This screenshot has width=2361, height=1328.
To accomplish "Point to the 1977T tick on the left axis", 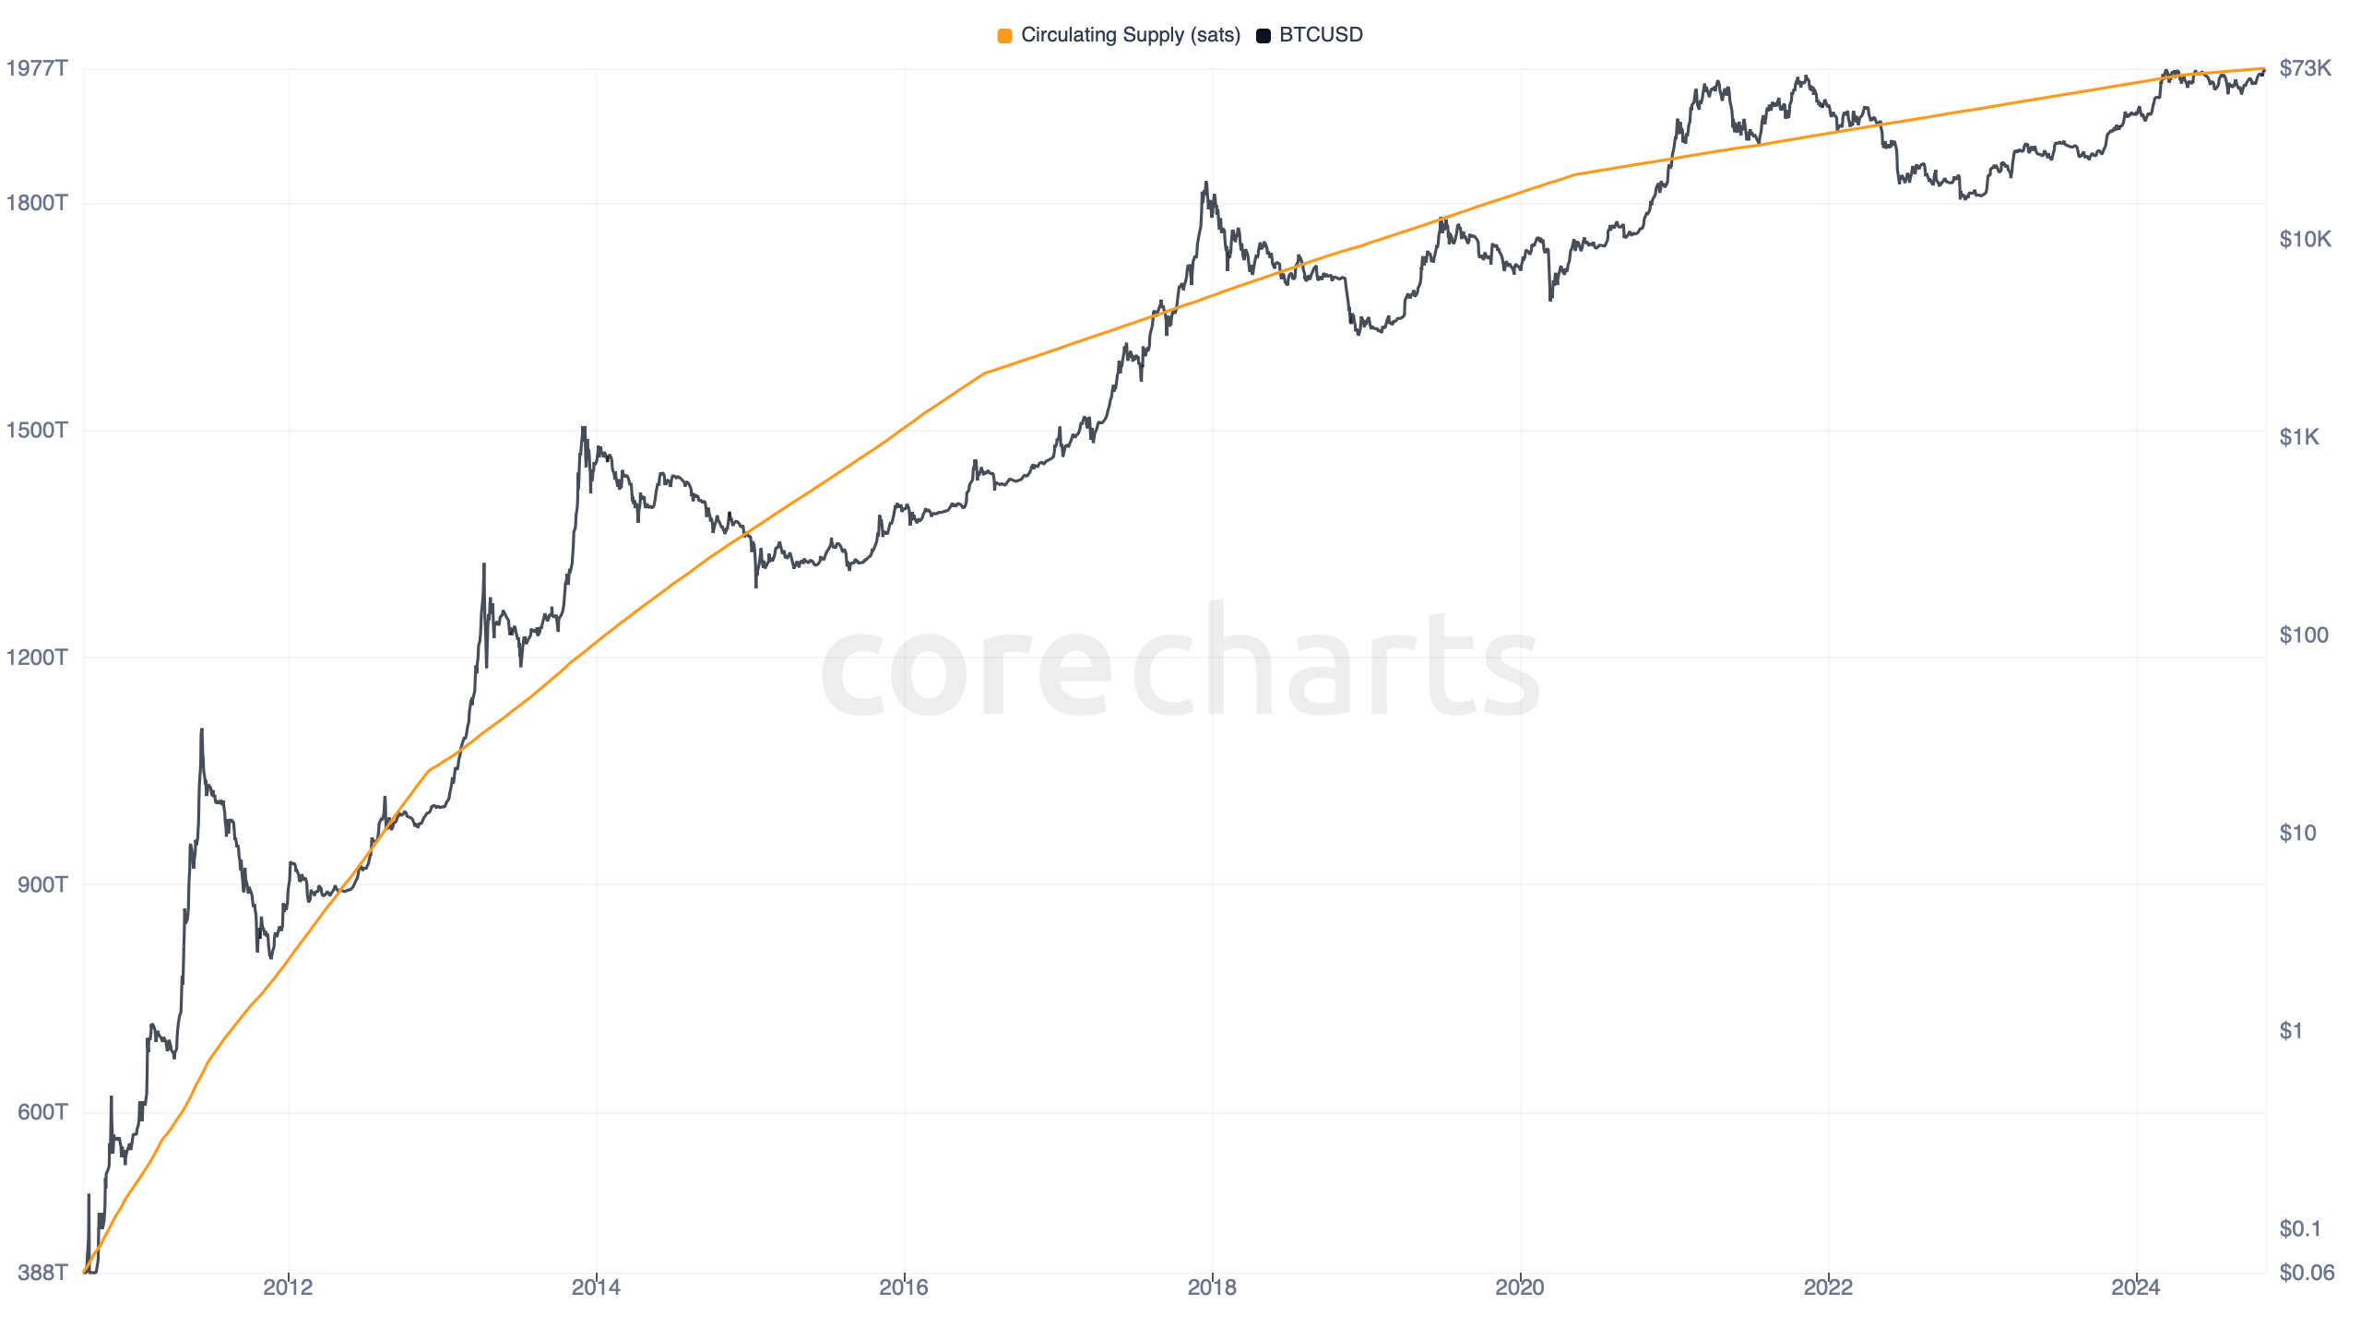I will coord(37,68).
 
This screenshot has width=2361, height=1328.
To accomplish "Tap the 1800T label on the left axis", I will coord(37,203).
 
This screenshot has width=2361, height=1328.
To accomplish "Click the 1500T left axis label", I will coord(37,430).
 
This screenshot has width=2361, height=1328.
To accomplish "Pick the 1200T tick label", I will coord(37,658).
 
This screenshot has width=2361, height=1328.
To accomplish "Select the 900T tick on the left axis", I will coord(42,884).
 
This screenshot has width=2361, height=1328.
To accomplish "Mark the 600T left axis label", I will coord(42,1112).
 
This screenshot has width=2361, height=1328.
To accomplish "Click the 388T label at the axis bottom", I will coord(42,1273).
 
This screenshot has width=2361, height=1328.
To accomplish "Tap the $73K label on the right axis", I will coord(2305,68).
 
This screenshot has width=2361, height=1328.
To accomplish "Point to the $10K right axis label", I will coord(2305,240).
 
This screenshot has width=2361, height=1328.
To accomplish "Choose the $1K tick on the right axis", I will coord(2298,437).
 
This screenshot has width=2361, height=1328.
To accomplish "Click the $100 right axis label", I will coord(2303,635).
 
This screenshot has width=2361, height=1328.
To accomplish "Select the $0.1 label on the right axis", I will coord(2299,1228).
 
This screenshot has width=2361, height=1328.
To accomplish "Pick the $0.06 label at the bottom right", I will coord(2306,1273).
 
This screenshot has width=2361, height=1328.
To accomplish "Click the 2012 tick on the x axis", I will coord(288,1287).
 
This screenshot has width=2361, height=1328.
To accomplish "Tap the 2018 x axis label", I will coord(1212,1287).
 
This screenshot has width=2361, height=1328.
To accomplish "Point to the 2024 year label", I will coord(2136,1287).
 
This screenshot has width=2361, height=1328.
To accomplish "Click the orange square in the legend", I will coord(1004,36).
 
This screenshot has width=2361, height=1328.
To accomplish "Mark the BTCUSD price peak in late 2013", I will coord(583,428).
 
